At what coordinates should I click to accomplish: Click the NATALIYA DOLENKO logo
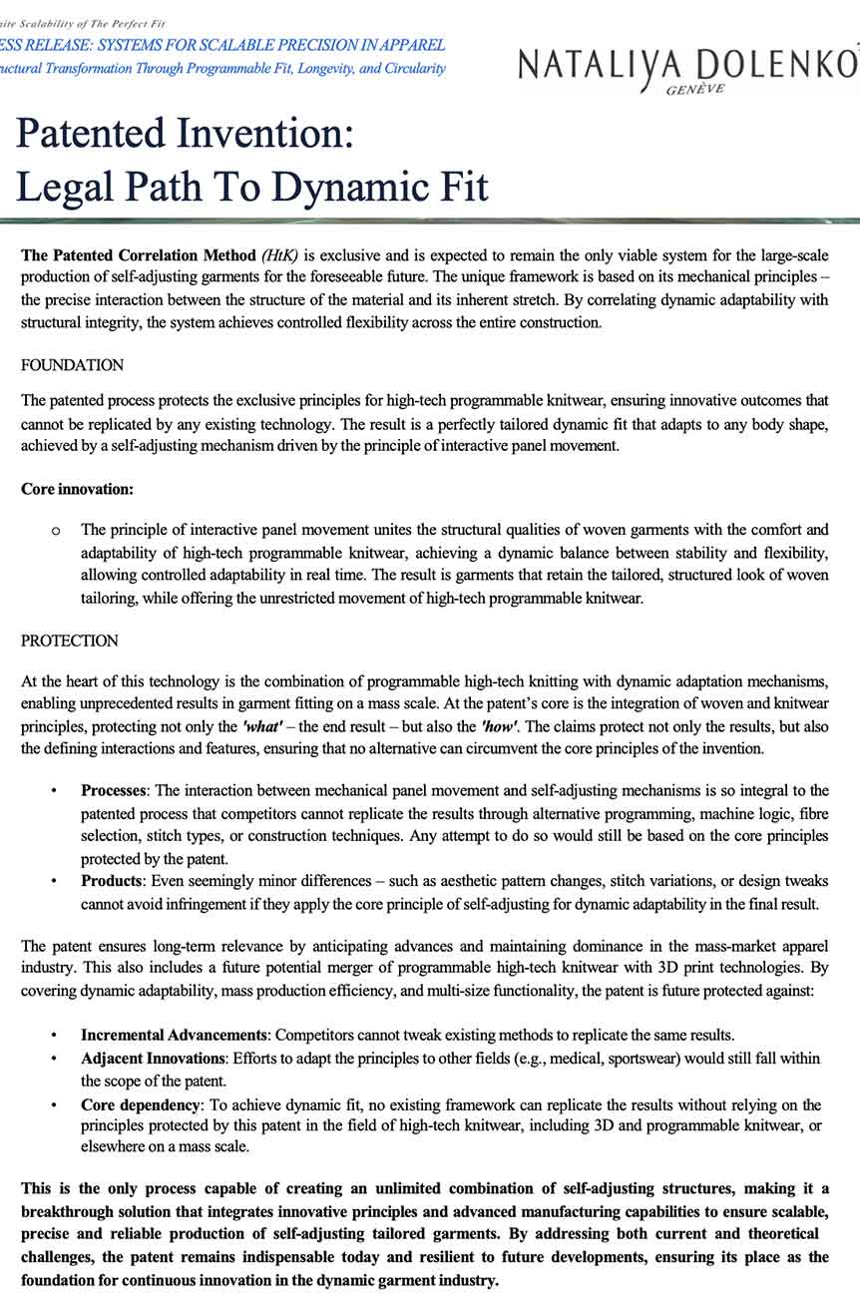tap(687, 65)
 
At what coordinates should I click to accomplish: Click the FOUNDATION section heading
tap(73, 365)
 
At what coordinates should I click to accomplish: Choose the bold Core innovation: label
tap(77, 489)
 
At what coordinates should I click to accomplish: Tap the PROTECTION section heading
tap(70, 641)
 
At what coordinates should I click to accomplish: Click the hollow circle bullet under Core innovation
tap(55, 530)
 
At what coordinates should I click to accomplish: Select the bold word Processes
tap(114, 790)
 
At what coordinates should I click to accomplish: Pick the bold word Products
tap(111, 881)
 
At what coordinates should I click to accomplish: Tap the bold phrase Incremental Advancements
tap(175, 1036)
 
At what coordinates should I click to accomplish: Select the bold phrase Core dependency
tap(141, 1104)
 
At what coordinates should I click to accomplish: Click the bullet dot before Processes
tap(54, 791)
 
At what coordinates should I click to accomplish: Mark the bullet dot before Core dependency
tap(54, 1105)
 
